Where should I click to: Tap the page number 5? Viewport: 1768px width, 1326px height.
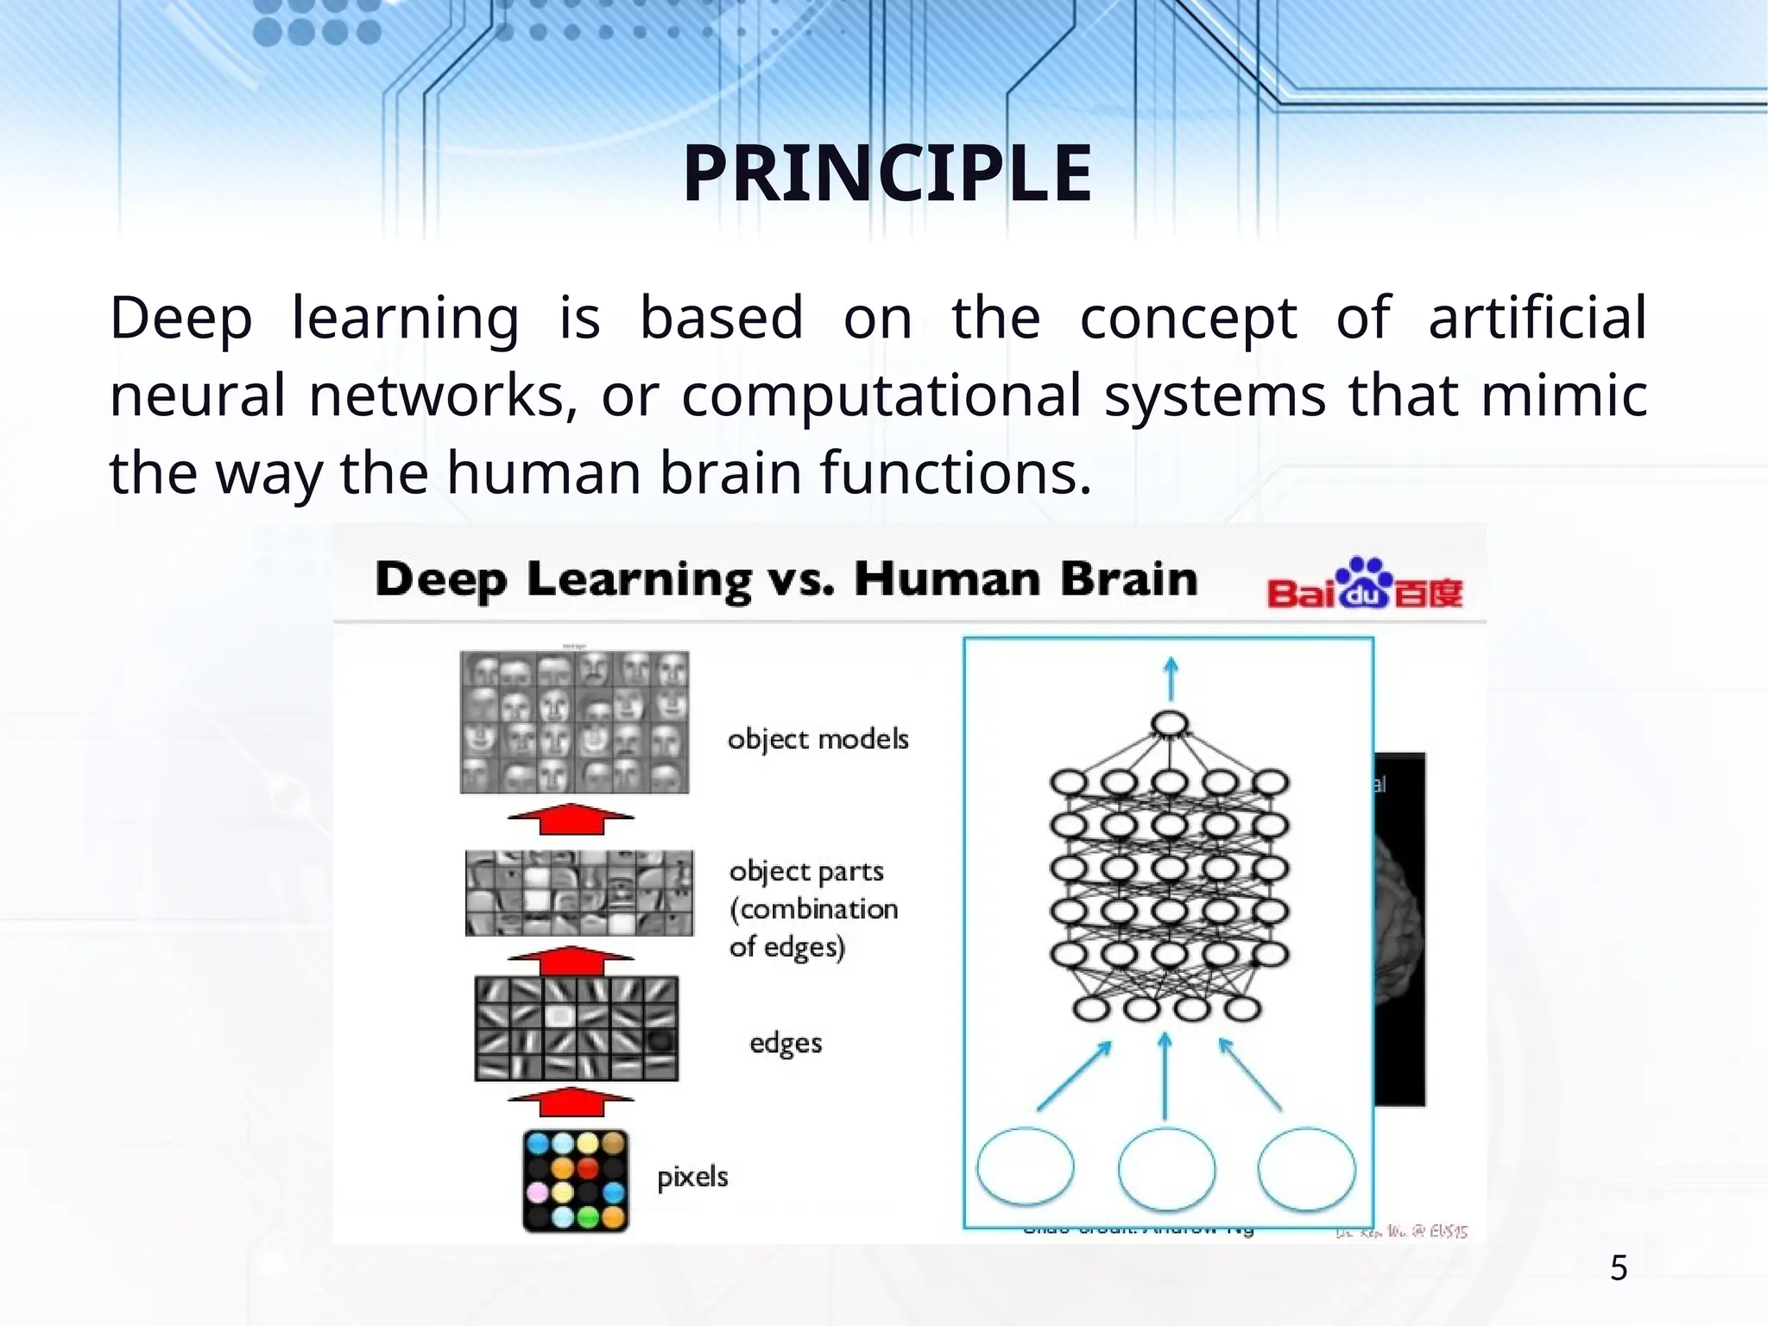click(1619, 1268)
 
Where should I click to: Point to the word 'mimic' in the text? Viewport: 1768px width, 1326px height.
click(1563, 395)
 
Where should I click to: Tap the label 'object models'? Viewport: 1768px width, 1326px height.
click(818, 740)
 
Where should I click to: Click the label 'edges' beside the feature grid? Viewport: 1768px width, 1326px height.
click(785, 1044)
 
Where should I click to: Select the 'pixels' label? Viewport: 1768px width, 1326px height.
click(692, 1178)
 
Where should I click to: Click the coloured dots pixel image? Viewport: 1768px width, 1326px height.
click(576, 1180)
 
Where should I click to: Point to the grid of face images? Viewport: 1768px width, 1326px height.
click(575, 722)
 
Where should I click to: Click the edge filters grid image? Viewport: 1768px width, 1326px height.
click(577, 1028)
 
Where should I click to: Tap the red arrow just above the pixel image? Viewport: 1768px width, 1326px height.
click(571, 1102)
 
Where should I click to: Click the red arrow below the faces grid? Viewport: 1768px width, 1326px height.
click(571, 818)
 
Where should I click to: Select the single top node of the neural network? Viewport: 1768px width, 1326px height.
click(1169, 724)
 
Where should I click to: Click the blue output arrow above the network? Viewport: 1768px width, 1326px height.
click(1171, 679)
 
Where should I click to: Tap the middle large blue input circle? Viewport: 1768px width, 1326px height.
click(1166, 1168)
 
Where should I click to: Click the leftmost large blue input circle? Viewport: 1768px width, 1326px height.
click(1026, 1166)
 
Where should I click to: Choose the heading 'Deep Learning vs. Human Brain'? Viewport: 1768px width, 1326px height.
click(786, 578)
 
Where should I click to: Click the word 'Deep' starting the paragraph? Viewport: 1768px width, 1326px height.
click(181, 318)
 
